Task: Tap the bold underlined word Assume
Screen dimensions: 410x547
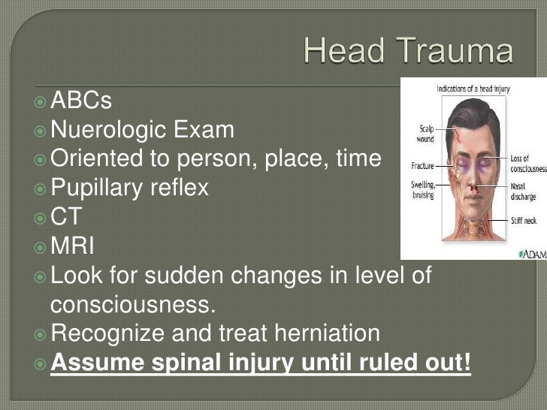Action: pos(96,363)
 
